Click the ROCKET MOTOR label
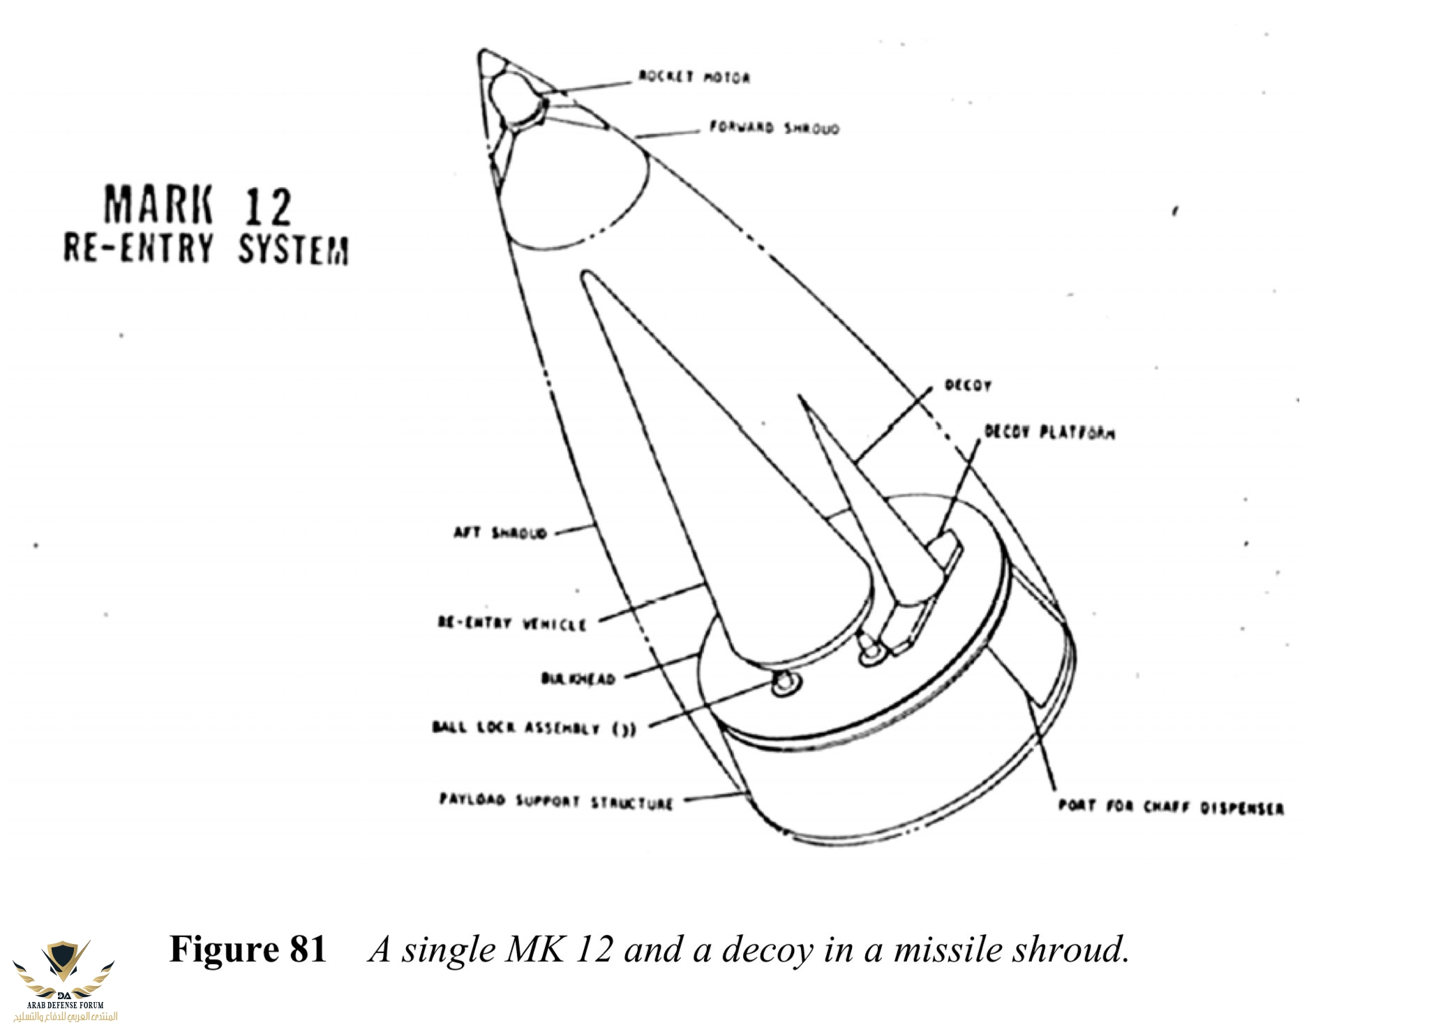click(694, 77)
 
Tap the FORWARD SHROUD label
click(775, 128)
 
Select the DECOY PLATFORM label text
click(1049, 433)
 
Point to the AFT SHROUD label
click(500, 533)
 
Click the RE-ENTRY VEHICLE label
click(512, 623)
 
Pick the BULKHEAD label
click(578, 678)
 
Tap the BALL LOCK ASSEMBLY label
click(534, 728)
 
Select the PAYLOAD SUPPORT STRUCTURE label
click(556, 801)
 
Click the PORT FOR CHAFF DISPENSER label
click(1171, 807)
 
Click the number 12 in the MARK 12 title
click(267, 207)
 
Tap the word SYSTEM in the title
click(293, 250)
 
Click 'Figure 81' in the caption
click(248, 950)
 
